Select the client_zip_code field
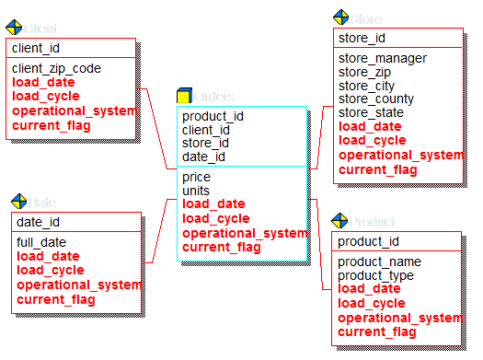pos(56,68)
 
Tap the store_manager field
pos(382,59)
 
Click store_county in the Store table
pos(376,99)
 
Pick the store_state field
pos(371,112)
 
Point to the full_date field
pos(41,242)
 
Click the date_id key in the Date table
pos(39,222)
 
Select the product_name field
pos(378,261)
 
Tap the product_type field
pos(375,275)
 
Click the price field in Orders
pos(196,177)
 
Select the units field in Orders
pos(196,191)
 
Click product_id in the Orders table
pos(213,116)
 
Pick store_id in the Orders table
pos(206,144)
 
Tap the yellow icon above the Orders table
pos(184,96)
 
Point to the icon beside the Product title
pos(339,222)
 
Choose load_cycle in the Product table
pos(371,303)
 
